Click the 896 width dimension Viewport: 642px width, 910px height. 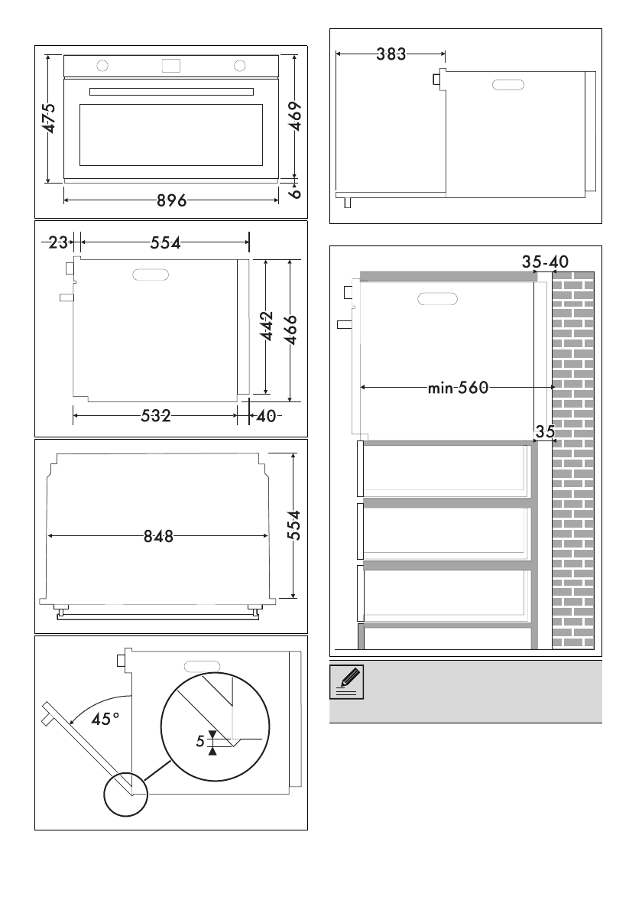(172, 200)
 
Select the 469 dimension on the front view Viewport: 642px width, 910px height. (295, 117)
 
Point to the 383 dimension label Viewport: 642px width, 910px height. (391, 54)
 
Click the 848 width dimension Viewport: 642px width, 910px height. (158, 536)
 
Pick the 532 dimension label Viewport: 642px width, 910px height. (155, 415)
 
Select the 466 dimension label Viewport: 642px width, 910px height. (292, 330)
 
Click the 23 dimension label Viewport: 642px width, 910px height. (58, 242)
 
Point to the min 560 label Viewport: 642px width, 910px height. (458, 387)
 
